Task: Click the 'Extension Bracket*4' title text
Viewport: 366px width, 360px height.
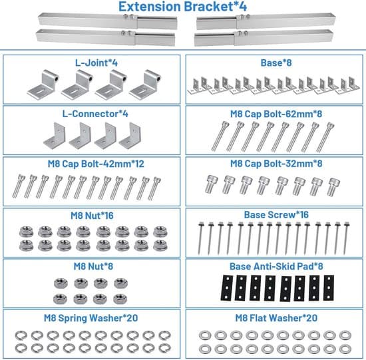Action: (182, 6)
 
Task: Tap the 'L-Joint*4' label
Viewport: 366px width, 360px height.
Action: (96, 63)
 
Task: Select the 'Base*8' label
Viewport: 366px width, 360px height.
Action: (276, 63)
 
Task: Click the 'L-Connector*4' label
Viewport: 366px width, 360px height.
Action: (95, 114)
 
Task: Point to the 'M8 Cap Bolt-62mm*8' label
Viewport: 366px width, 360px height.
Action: (276, 114)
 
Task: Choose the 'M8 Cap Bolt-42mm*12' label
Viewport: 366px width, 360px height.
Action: (96, 164)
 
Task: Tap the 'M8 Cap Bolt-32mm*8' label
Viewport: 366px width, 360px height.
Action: (276, 164)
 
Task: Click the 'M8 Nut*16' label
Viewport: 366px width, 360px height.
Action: (92, 216)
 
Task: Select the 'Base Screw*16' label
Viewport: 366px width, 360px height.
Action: (276, 215)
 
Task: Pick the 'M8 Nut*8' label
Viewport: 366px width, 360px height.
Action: (93, 266)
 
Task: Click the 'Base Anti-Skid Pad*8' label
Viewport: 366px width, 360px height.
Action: (276, 266)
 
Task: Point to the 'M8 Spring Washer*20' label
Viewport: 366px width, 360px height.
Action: (91, 318)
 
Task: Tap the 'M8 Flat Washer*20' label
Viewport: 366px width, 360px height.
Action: (276, 318)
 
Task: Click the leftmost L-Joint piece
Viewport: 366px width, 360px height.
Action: (43, 85)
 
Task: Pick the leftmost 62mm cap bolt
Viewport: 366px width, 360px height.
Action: (219, 136)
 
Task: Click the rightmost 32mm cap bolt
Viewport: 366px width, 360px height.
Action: (333, 187)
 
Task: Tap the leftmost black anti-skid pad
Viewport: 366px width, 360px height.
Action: (227, 287)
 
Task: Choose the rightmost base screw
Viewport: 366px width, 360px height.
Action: (347, 238)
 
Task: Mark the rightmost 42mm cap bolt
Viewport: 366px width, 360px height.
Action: (154, 188)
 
